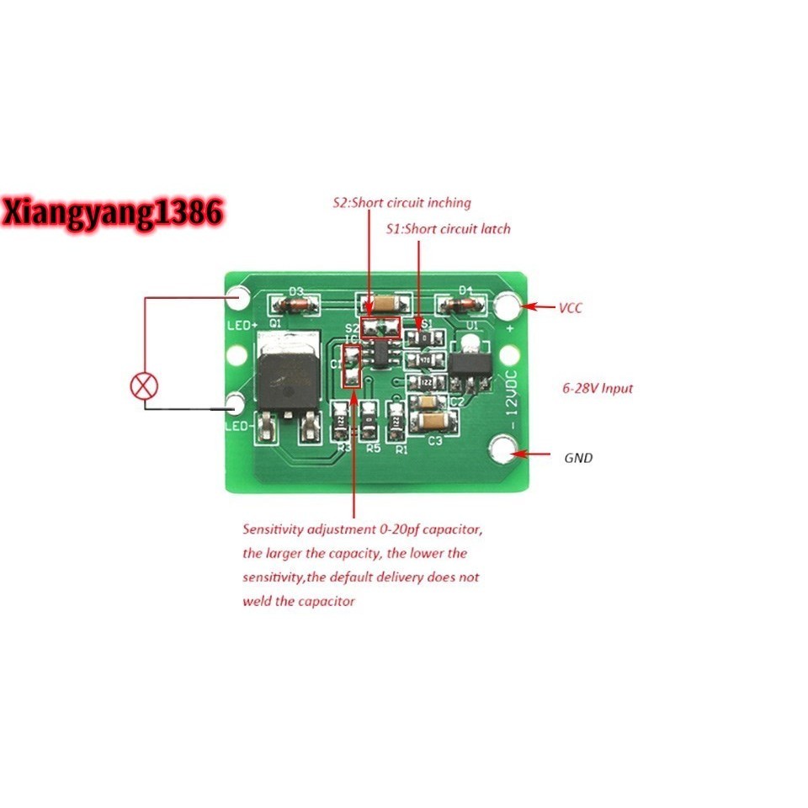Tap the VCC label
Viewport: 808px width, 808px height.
click(x=570, y=308)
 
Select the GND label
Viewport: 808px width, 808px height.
click(x=578, y=458)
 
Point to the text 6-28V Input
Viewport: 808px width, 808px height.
click(x=598, y=389)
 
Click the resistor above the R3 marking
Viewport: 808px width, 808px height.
click(x=341, y=420)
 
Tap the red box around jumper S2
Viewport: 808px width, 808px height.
click(x=379, y=327)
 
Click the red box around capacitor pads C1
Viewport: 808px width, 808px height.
click(x=351, y=367)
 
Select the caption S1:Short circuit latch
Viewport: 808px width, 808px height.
click(x=448, y=228)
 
